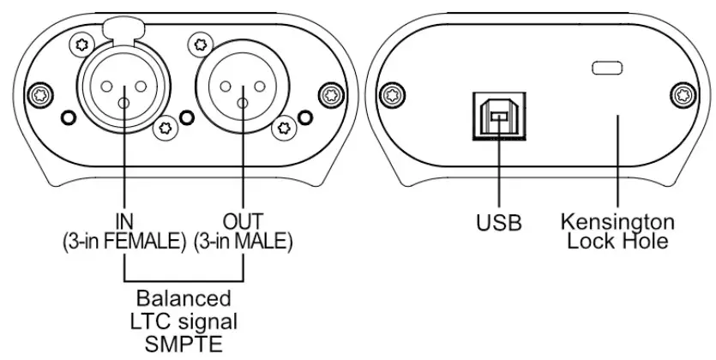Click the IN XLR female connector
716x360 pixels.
coord(123,87)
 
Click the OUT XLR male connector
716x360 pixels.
coord(239,87)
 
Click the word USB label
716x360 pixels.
coord(499,223)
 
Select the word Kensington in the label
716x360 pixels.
coord(617,222)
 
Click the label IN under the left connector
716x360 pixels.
coord(123,222)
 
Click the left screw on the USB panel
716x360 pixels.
coord(393,93)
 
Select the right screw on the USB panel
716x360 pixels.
coord(683,93)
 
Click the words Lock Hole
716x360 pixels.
coord(617,241)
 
